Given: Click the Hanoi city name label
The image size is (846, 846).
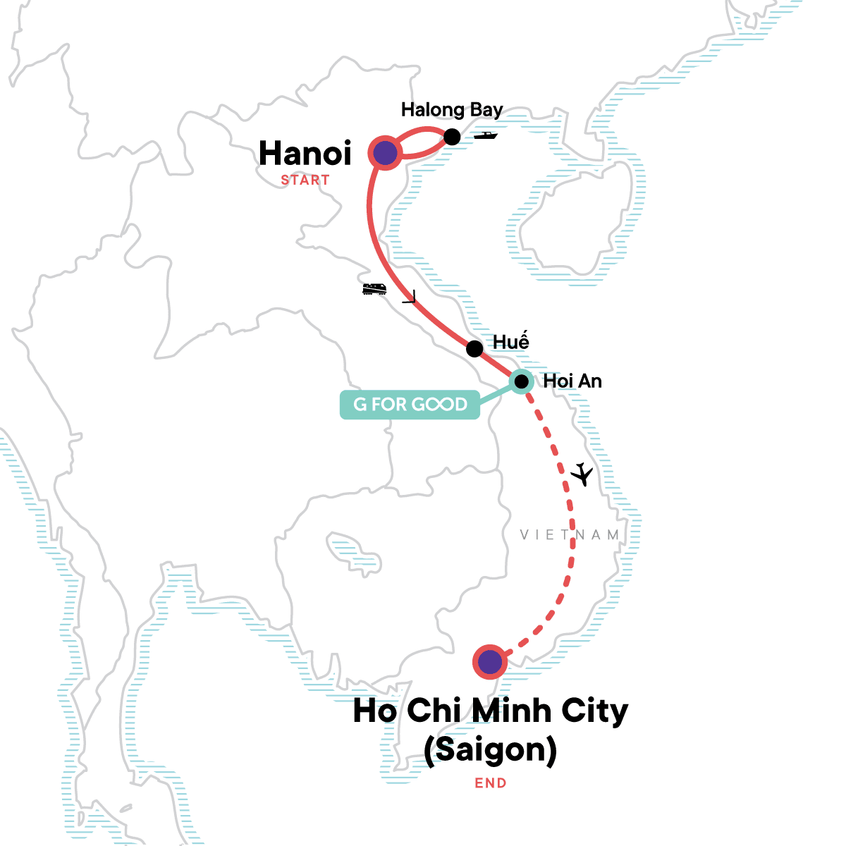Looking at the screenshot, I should (x=305, y=154).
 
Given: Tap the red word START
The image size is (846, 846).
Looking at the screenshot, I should (x=305, y=180).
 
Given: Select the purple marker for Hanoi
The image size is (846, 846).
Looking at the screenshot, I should (x=384, y=153).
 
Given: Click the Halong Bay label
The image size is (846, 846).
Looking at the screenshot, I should (x=452, y=110).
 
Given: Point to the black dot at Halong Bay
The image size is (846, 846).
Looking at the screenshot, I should (x=452, y=137).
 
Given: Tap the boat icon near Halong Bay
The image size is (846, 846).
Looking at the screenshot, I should (x=486, y=135).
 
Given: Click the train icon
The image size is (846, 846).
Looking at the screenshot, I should (x=374, y=288).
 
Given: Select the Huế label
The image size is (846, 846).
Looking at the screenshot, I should (x=510, y=343).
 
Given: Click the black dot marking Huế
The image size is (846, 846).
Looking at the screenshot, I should (x=474, y=348).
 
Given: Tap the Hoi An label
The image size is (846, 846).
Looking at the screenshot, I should (x=572, y=381).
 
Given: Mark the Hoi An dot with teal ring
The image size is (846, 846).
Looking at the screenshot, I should (x=521, y=382).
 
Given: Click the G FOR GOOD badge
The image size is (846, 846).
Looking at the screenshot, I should (x=410, y=405).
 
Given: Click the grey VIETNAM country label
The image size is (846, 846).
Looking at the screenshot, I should (x=570, y=535).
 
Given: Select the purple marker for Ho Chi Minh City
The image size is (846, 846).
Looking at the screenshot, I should (x=489, y=662).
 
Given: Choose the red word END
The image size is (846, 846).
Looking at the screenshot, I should (x=490, y=783).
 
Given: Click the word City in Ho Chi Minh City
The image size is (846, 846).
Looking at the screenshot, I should (x=594, y=711).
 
